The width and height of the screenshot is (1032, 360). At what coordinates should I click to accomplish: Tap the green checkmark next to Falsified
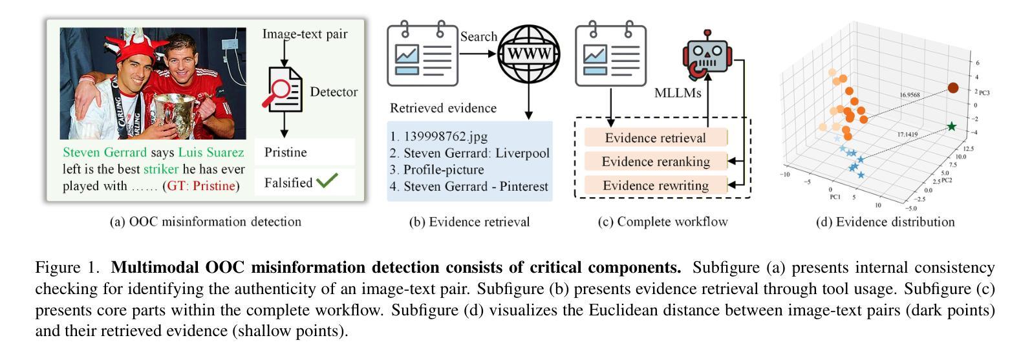click(327, 180)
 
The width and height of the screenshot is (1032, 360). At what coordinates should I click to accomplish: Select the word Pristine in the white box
click(286, 153)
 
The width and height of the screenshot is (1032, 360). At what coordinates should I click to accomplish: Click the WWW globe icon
click(528, 54)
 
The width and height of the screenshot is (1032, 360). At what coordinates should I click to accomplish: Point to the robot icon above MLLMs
click(707, 55)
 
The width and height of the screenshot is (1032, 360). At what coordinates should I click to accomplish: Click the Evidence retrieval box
click(656, 138)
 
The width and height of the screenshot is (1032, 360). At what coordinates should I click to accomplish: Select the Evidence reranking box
click(656, 162)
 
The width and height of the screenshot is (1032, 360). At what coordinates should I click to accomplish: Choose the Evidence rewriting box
click(656, 185)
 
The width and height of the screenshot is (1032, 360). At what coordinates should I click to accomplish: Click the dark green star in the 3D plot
click(951, 126)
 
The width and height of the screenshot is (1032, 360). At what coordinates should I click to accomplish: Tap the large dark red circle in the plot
click(952, 87)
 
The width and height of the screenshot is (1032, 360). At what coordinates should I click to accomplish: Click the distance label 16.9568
click(909, 95)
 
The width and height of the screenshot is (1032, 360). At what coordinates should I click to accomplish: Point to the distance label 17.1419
click(907, 134)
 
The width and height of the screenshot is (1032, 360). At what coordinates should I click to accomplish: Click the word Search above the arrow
click(478, 36)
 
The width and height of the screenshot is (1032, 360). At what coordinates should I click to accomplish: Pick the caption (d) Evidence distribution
click(885, 222)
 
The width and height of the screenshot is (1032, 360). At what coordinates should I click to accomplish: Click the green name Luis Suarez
click(211, 153)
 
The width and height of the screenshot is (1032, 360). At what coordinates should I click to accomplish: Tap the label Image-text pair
click(305, 34)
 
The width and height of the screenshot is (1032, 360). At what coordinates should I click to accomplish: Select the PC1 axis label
click(835, 196)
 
